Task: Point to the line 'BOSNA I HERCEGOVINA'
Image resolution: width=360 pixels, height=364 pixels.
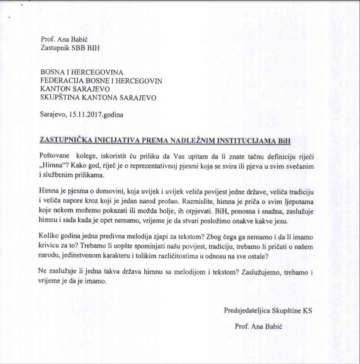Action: coord(82,72)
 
